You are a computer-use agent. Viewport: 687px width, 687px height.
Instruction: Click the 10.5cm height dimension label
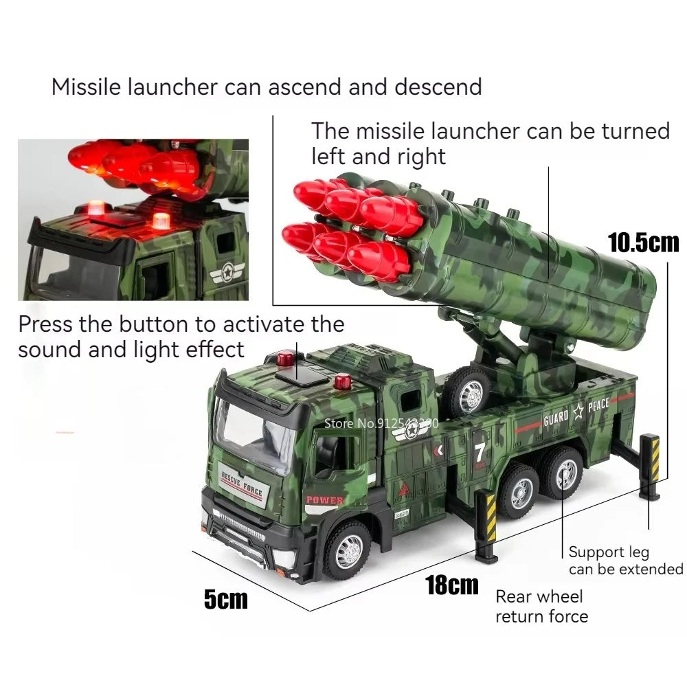pos(643,242)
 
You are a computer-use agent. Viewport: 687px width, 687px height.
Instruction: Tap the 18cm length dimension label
pos(451,585)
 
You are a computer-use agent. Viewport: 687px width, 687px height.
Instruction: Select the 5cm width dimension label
pos(225,599)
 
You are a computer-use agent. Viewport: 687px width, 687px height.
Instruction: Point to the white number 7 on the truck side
pos(480,453)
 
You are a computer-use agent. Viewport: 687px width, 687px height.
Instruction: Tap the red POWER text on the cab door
pos(324,500)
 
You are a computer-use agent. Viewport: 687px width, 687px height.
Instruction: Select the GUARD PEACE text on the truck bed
pos(576,411)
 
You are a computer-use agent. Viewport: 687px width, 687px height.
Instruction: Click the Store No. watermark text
pos(381,423)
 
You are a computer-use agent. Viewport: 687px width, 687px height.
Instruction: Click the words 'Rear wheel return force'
pos(541,606)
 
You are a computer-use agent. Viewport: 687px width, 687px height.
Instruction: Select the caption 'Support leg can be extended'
pos(625,561)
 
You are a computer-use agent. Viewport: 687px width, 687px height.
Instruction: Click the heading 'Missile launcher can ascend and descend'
pos(267,87)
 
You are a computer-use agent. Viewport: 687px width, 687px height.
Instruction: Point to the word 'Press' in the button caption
pos(45,323)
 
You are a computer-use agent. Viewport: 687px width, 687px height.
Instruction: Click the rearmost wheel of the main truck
pos(566,473)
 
